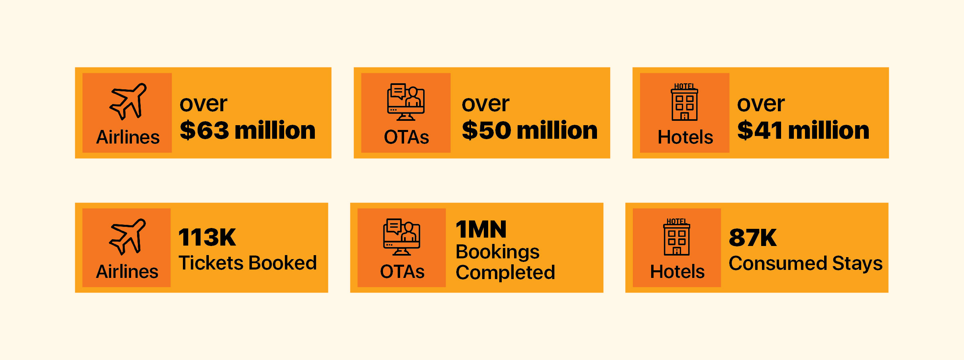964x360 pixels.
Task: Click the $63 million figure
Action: [x=247, y=130]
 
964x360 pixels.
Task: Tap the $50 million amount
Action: [x=530, y=130]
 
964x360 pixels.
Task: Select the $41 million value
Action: [x=803, y=130]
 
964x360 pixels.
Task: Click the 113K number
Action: [x=207, y=237]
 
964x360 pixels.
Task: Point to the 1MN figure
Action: [x=481, y=229]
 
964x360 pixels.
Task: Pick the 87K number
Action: [x=753, y=238]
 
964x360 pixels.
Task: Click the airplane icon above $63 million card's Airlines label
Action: [x=128, y=101]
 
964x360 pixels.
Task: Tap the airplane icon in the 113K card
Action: [x=128, y=236]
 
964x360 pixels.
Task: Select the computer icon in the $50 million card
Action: [x=406, y=102]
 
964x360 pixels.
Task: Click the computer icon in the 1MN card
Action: [x=402, y=237]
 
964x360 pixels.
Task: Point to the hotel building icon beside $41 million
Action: [x=685, y=102]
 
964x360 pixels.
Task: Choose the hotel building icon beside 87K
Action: [x=677, y=237]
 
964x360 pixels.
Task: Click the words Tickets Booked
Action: [x=247, y=263]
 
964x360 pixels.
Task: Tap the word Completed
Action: [x=505, y=273]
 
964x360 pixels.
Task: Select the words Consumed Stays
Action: [x=805, y=264]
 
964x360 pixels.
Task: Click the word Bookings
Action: [x=497, y=252]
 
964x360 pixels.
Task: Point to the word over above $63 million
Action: [x=203, y=104]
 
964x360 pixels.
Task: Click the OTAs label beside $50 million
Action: [x=406, y=137]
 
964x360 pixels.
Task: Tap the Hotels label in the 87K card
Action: [x=677, y=271]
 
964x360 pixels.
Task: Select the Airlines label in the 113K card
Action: [x=127, y=271]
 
